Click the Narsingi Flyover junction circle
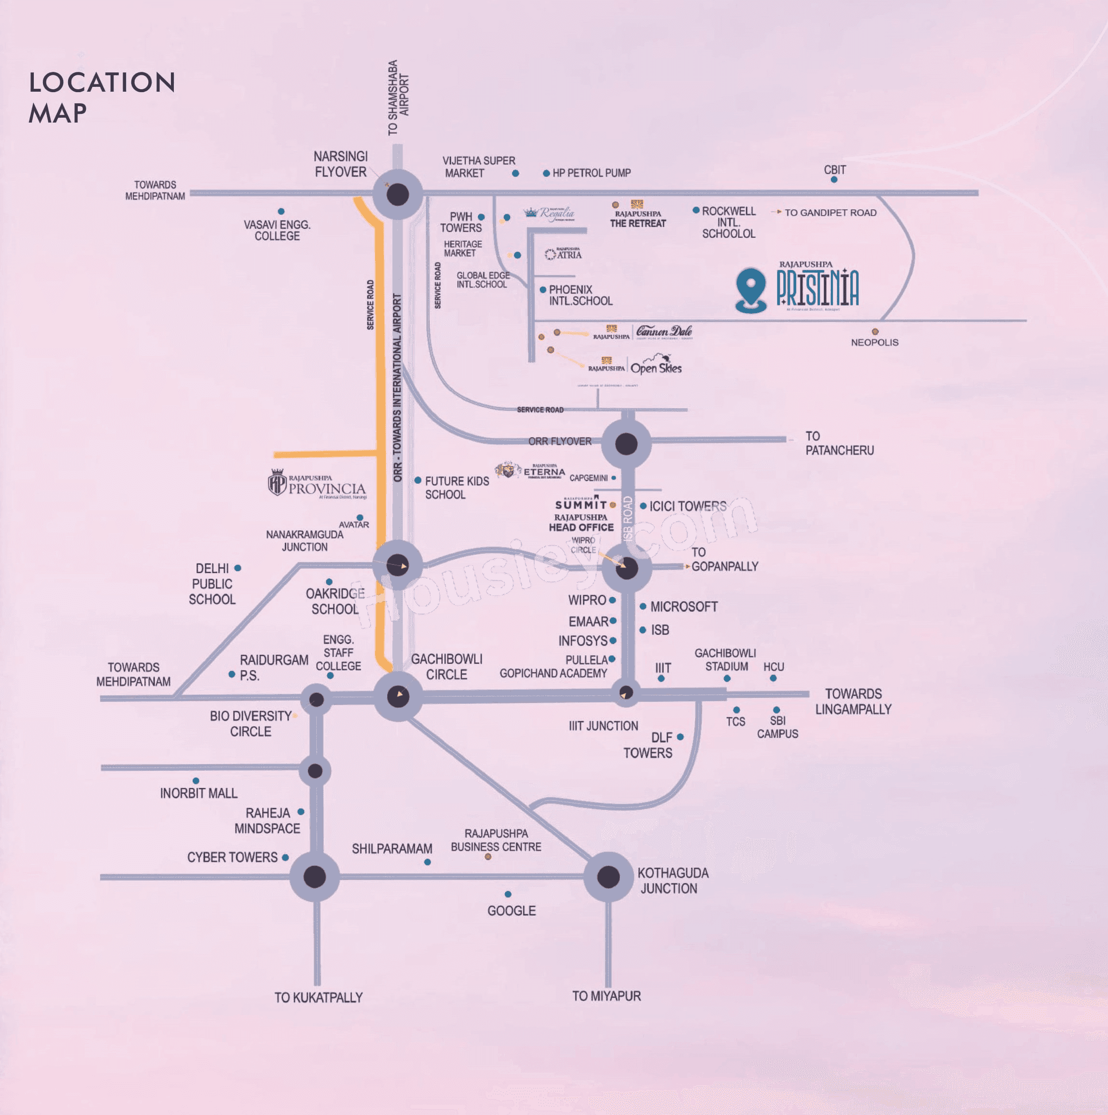click(397, 194)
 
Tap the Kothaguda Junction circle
click(608, 877)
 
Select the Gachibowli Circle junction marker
click(398, 696)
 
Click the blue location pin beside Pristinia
click(751, 289)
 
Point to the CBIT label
click(834, 170)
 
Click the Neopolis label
click(874, 342)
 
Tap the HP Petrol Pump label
click(591, 173)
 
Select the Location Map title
click(101, 97)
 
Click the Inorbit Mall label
click(198, 793)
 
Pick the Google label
click(511, 910)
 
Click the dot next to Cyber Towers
click(285, 858)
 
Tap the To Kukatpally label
click(318, 998)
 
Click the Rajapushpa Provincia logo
click(317, 483)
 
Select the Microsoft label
click(684, 606)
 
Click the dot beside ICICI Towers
click(643, 506)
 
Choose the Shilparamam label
click(392, 848)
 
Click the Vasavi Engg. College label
click(277, 230)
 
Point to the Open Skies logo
click(656, 367)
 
